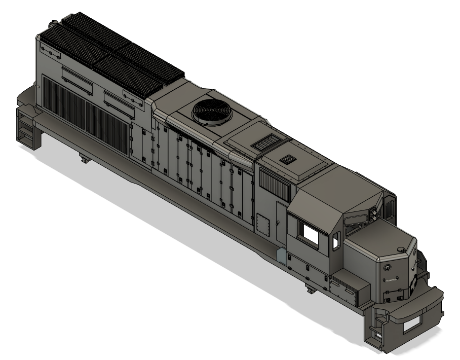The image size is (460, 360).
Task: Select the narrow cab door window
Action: pos(335,241)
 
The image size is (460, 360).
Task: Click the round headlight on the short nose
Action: pos(388,267)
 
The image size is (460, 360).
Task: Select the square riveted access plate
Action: pos(262,223)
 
